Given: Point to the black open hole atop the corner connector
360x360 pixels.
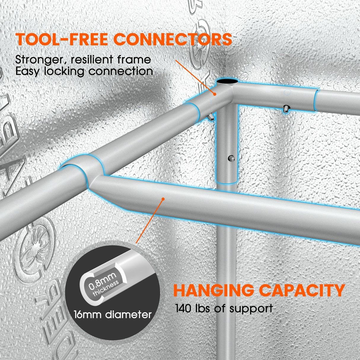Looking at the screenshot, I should coord(228,82).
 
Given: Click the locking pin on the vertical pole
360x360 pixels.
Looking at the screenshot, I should coord(230,159).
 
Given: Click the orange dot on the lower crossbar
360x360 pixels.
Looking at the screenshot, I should coord(163,199).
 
